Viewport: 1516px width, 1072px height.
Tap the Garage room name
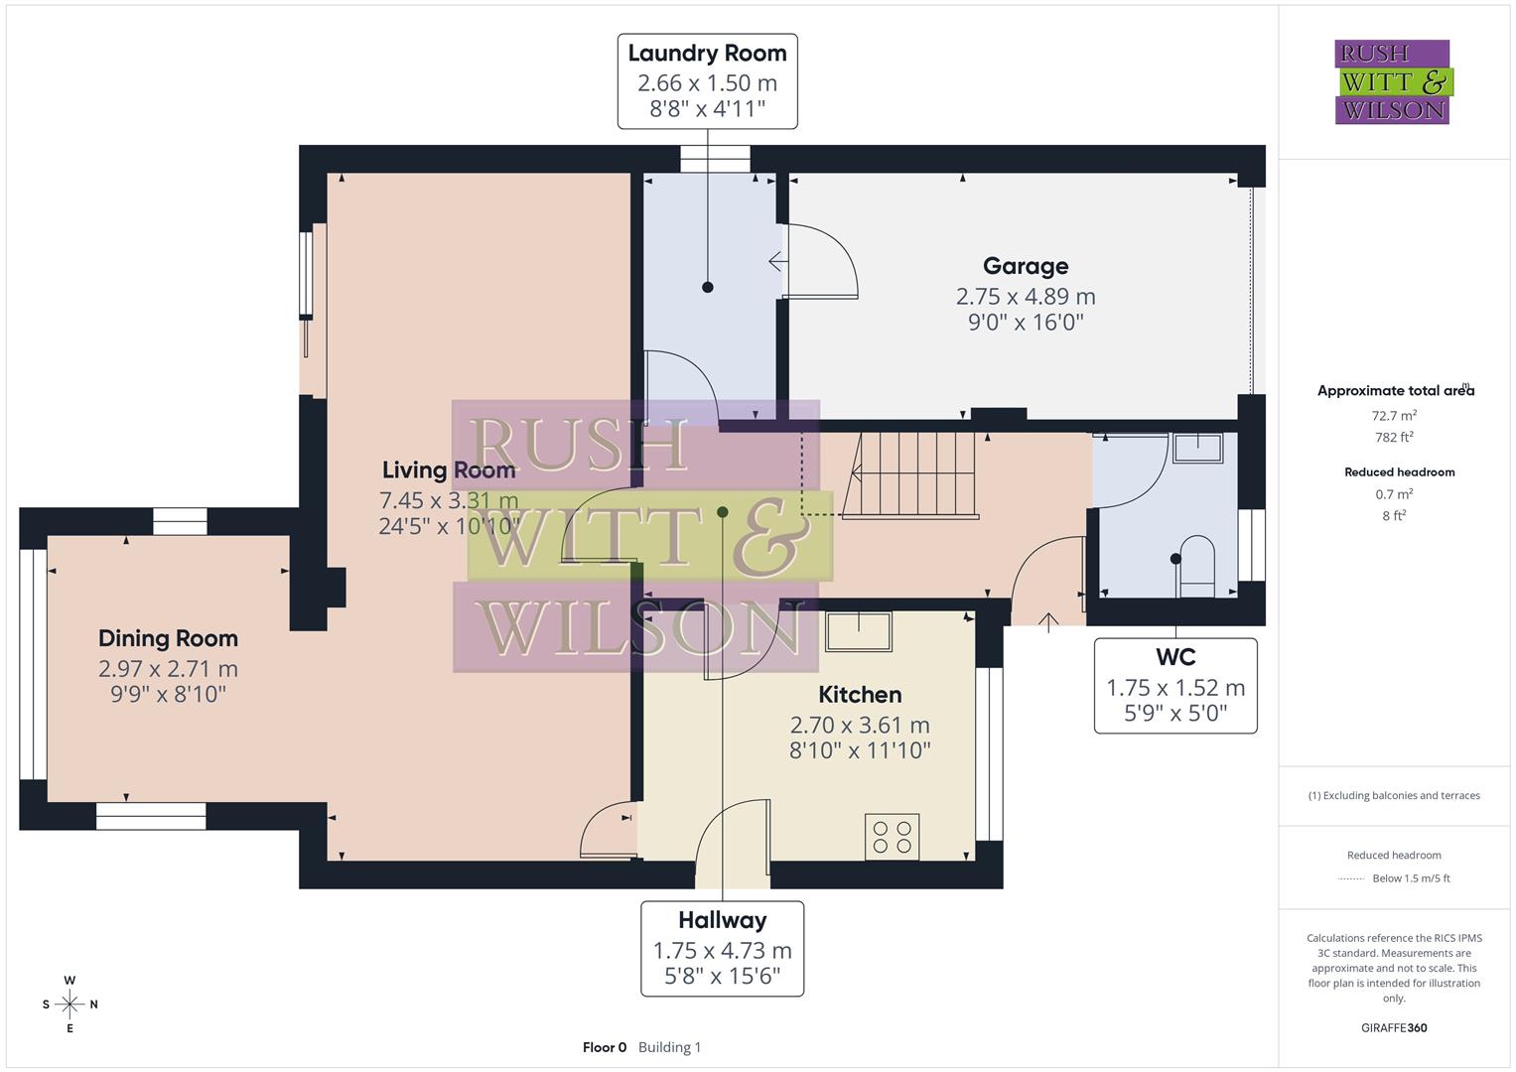pyautogui.click(x=1026, y=266)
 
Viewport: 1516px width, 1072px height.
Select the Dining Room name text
pyautogui.click(x=168, y=638)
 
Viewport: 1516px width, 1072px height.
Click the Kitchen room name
pyautogui.click(x=860, y=694)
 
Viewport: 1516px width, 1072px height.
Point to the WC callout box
pyautogui.click(x=1175, y=686)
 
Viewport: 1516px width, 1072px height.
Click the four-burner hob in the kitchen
pyautogui.click(x=892, y=836)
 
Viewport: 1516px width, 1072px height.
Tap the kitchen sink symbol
pyautogui.click(x=859, y=631)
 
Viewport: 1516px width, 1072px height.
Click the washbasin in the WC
pyautogui.click(x=1198, y=448)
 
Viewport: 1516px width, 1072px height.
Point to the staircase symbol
pyautogui.click(x=909, y=474)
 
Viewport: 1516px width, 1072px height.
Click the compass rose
pyautogui.click(x=69, y=1005)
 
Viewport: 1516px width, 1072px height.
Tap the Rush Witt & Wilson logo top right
pyautogui.click(x=1392, y=82)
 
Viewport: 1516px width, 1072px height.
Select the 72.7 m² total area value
pyautogui.click(x=1394, y=416)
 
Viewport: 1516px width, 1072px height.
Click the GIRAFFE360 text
pyautogui.click(x=1394, y=1027)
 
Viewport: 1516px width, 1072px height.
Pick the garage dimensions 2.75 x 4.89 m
pyautogui.click(x=1026, y=296)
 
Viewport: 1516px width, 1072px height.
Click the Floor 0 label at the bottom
pyautogui.click(x=605, y=1047)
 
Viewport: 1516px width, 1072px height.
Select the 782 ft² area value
pyautogui.click(x=1394, y=438)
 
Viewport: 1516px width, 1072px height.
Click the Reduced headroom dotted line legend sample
pyautogui.click(x=1351, y=878)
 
